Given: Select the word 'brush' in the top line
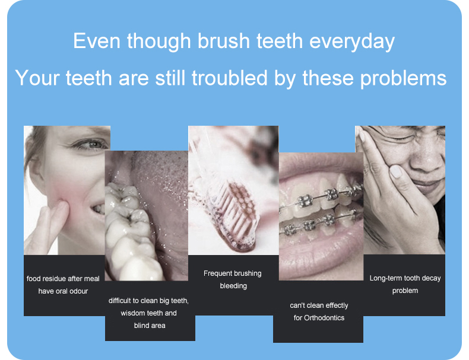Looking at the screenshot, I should tap(219, 42).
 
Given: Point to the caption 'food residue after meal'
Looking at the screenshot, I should tap(63, 278).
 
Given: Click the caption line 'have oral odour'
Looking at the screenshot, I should tap(63, 291).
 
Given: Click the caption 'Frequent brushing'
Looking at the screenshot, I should tap(232, 273).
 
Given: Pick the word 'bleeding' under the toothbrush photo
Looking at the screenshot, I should tap(233, 286).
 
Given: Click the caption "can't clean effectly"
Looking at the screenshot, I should tap(319, 305).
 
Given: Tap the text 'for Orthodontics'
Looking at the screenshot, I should tap(319, 318).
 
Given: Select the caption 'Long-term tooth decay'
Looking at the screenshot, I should tap(405, 278).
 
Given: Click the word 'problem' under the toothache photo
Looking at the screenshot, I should tap(405, 291).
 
